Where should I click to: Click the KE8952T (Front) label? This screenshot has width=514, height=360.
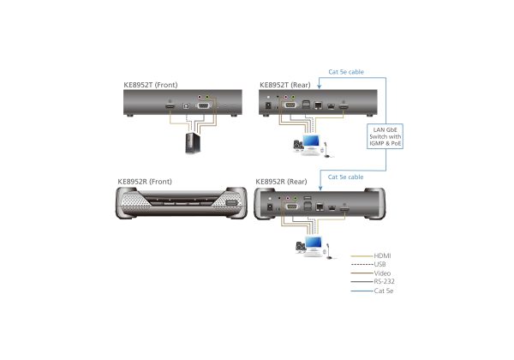click(x=151, y=85)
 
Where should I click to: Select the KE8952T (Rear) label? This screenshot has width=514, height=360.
click(x=285, y=85)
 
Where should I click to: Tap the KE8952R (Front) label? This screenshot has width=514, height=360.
click(x=145, y=182)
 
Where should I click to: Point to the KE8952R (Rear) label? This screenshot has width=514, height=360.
click(x=281, y=182)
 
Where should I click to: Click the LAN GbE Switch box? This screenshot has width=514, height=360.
click(x=385, y=136)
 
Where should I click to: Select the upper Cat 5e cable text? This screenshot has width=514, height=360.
click(x=346, y=72)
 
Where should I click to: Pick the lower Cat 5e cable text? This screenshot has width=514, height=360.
click(x=345, y=177)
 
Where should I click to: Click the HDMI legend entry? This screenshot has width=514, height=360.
click(x=382, y=255)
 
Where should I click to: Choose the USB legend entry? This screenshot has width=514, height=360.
click(x=380, y=264)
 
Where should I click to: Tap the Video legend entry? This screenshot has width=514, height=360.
click(x=382, y=273)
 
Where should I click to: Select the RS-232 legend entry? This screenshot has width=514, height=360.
click(x=384, y=281)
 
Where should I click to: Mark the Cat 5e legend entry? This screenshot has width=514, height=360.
click(x=384, y=291)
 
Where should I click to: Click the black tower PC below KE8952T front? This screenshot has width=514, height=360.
click(x=193, y=143)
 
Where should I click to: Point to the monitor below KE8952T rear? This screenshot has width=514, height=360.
click(x=311, y=141)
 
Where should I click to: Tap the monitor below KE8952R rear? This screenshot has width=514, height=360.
click(x=314, y=243)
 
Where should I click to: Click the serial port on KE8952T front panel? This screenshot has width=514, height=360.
click(x=203, y=105)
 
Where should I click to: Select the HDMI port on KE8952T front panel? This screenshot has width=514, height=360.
click(x=170, y=106)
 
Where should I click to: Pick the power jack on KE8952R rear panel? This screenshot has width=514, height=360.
click(x=270, y=207)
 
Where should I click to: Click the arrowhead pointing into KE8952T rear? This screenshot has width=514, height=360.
click(x=320, y=87)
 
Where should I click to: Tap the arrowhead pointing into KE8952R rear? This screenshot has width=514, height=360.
click(x=320, y=188)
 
